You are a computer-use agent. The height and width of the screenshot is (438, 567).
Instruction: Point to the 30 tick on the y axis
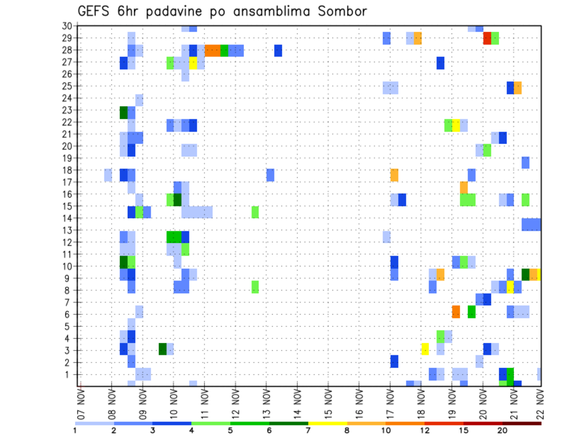(67, 26)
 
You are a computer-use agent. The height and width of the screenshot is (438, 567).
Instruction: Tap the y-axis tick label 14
(67, 218)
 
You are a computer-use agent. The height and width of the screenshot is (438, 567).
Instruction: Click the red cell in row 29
(487, 38)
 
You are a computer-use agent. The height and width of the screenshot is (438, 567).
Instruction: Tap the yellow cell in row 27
(193, 63)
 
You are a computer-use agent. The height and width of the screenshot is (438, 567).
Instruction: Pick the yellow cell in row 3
(425, 349)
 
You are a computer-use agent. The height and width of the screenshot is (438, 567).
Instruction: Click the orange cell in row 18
(394, 175)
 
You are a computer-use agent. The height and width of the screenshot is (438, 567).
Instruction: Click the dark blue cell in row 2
(394, 361)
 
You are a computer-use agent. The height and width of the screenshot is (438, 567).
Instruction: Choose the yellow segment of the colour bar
(328, 424)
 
